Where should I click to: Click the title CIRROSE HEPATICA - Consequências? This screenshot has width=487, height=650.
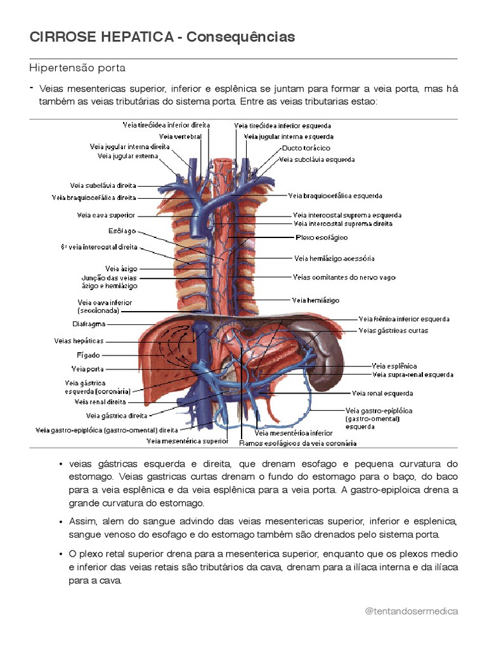[x=162, y=37]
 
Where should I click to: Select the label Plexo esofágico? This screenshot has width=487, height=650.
[x=321, y=237]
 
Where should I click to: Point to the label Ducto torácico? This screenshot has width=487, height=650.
[x=306, y=148]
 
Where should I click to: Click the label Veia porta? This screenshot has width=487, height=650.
[x=88, y=369]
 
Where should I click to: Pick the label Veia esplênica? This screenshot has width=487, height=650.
[x=394, y=366]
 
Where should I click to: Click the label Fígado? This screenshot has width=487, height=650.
[x=88, y=355]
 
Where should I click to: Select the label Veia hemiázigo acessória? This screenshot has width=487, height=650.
[x=334, y=258]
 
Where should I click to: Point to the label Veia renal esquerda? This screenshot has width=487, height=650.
[x=382, y=393]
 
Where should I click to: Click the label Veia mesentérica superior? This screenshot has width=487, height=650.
[x=187, y=441]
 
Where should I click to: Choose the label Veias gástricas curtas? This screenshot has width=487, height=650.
[x=393, y=330]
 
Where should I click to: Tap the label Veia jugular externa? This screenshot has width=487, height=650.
[x=127, y=156]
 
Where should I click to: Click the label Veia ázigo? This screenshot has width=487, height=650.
[x=120, y=269]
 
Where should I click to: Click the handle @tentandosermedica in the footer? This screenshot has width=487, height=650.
[x=412, y=611]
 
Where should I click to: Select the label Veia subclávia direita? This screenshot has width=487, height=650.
[x=103, y=186]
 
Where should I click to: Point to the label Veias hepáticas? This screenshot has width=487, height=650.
[x=79, y=341]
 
